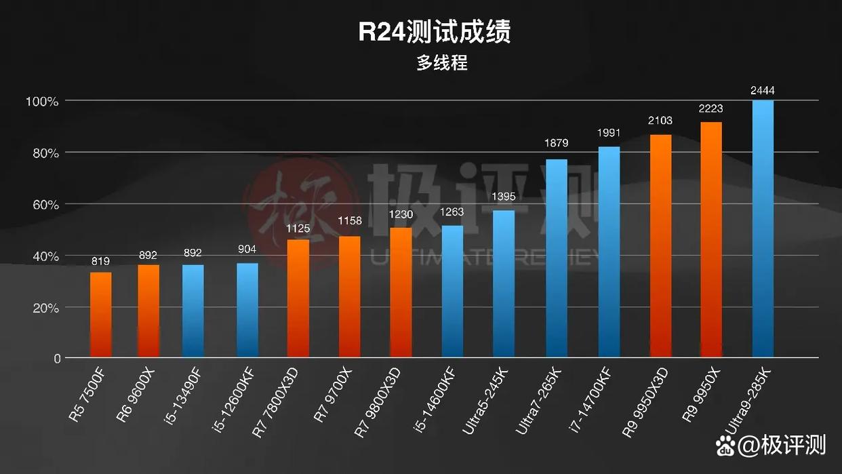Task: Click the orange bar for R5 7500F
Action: click(101, 315)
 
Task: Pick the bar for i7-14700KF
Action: click(609, 252)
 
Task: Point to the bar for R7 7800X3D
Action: click(298, 298)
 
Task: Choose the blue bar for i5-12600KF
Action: click(247, 310)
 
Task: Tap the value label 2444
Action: click(763, 90)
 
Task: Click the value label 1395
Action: click(504, 196)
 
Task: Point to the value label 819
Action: click(100, 261)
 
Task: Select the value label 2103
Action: click(660, 121)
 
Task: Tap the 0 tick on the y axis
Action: click(58, 359)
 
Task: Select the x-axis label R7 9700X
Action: click(333, 397)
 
